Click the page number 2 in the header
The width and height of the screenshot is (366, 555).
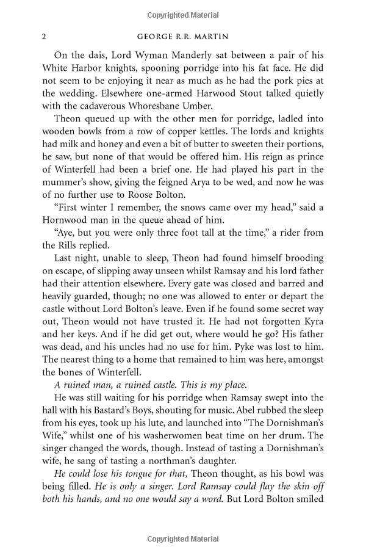(x=45, y=36)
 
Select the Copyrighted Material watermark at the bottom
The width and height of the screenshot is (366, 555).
(x=183, y=539)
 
